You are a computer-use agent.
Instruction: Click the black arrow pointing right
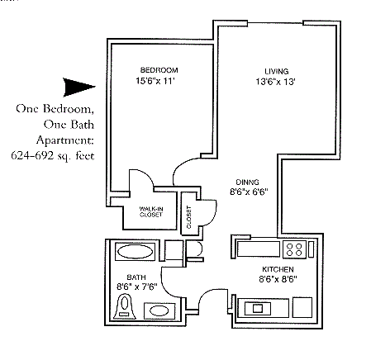[79, 86]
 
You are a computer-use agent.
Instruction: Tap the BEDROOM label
[159, 69]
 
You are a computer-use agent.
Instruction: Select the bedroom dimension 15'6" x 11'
[158, 80]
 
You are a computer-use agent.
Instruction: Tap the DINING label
[247, 182]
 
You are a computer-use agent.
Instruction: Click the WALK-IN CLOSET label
[150, 211]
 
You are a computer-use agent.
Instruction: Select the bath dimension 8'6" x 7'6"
[136, 288]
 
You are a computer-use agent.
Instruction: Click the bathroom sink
[156, 310]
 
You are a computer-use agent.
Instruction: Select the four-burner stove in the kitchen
[294, 248]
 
